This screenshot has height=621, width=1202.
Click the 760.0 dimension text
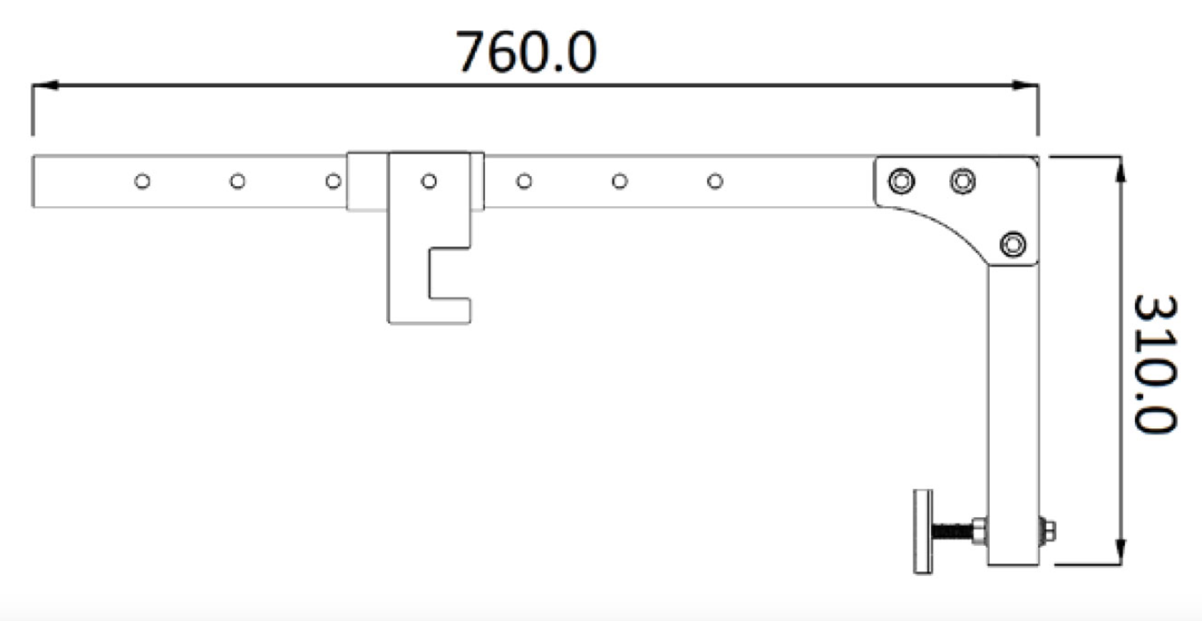pos(526,52)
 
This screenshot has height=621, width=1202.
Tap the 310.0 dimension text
pos(1155,364)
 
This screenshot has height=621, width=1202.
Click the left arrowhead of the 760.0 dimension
pos(45,85)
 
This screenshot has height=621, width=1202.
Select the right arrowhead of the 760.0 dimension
pos(1025,85)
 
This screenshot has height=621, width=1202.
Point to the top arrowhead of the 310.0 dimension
pos(1120,169)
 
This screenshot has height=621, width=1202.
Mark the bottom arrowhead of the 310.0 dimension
pos(1120,552)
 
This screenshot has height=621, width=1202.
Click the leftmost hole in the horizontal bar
pos(142,181)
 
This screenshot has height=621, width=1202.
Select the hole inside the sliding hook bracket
pos(429,181)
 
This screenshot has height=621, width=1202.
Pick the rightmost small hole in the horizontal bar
pos(715,181)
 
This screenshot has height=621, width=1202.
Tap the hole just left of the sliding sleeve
pos(333,181)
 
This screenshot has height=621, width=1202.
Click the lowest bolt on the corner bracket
pos(1013,245)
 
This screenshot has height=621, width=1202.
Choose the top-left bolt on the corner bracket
pos(901,181)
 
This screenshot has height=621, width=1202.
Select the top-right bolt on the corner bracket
pos(963,181)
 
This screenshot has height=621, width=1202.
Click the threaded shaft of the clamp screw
pos(952,532)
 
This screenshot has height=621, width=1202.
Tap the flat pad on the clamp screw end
pos(923,532)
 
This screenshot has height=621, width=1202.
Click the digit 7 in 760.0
pos(469,52)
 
